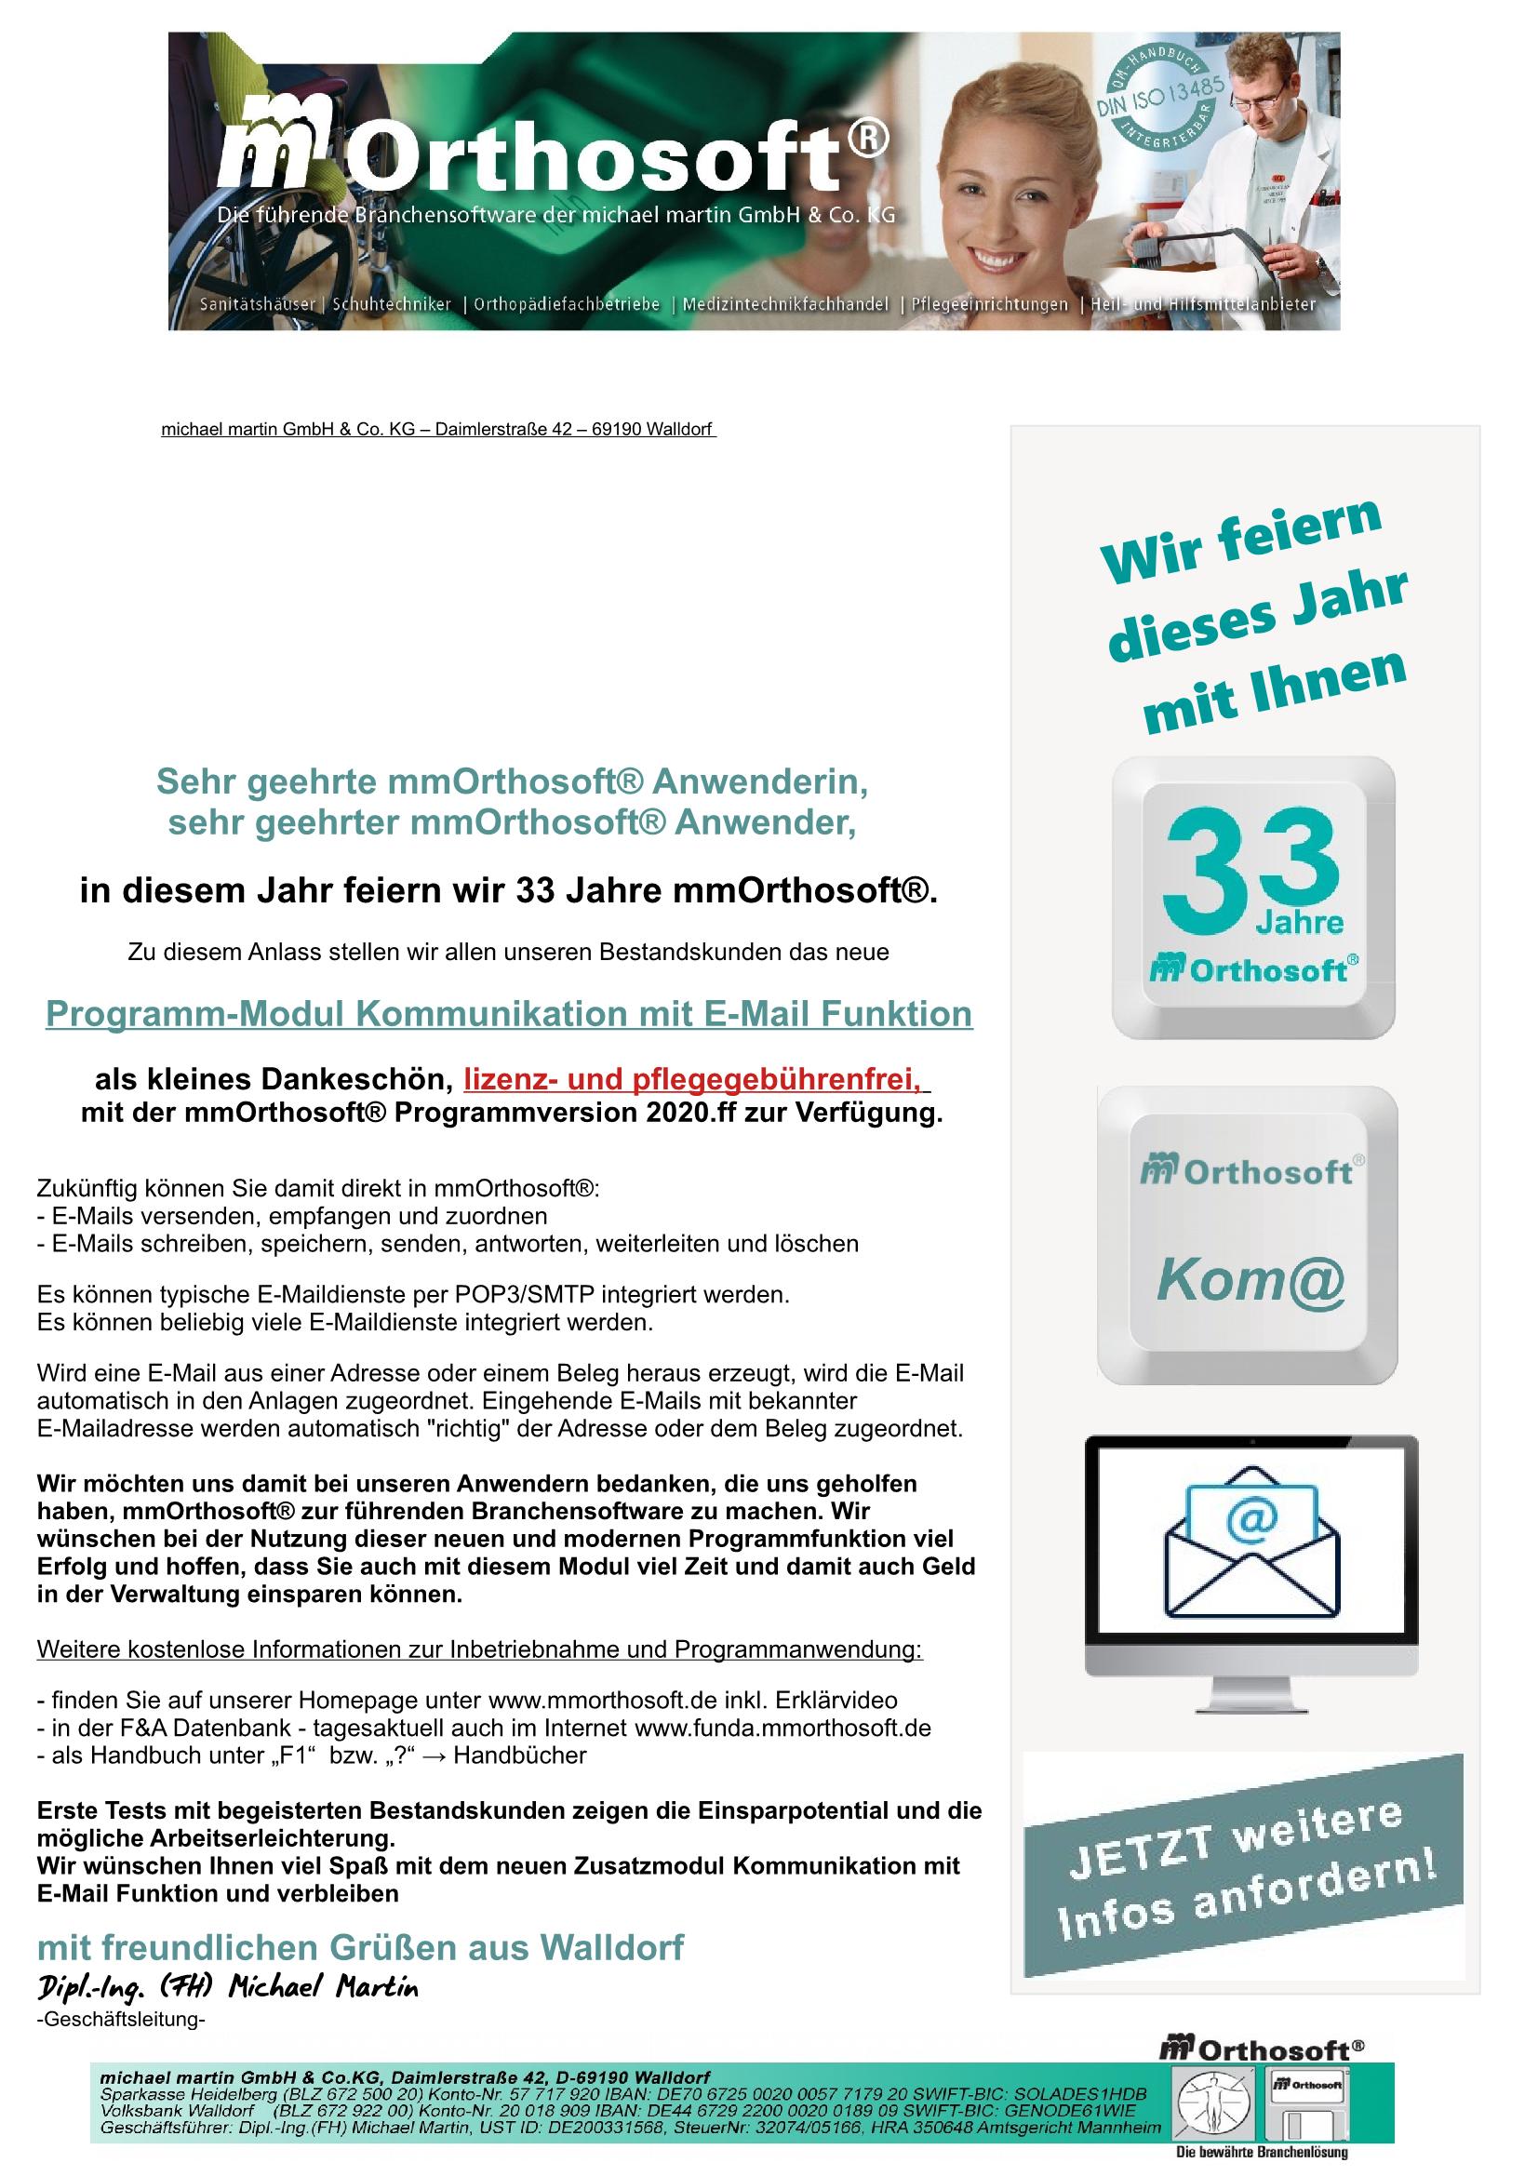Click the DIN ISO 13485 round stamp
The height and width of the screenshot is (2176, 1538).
click(1158, 104)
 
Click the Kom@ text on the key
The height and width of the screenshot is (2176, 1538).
click(1250, 1281)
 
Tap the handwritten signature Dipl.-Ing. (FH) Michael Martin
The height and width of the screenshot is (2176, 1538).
click(227, 1986)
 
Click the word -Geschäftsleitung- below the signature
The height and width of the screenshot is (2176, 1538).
click(120, 2019)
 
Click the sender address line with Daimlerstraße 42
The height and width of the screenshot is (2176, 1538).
click(438, 429)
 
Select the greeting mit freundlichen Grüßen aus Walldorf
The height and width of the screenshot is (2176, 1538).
click(360, 1947)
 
